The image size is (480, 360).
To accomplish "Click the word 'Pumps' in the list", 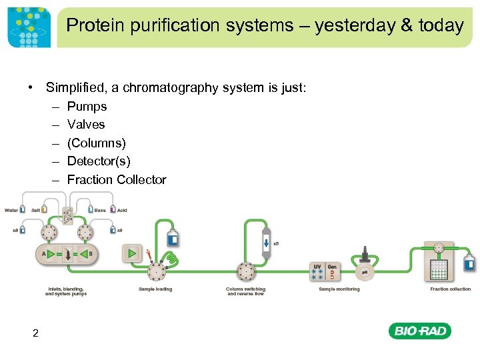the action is coord(87,106).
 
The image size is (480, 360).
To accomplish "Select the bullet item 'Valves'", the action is coord(86,125).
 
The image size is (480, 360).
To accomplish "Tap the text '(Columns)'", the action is coord(96,143).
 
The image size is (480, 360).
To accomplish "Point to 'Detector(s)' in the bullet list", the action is coord(99,161).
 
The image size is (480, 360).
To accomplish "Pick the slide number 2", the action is coord(35,333).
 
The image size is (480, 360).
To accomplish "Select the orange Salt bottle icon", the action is coord(44,210).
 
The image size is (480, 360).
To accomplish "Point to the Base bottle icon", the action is coord(90,210).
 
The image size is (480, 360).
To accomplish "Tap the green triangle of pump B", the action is coord(85,253).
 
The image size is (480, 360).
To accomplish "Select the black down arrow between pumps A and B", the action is coord(67,254).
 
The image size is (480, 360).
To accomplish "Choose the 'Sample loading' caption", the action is coord(155,289).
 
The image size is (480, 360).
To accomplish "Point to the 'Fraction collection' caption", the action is coord(450,289).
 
